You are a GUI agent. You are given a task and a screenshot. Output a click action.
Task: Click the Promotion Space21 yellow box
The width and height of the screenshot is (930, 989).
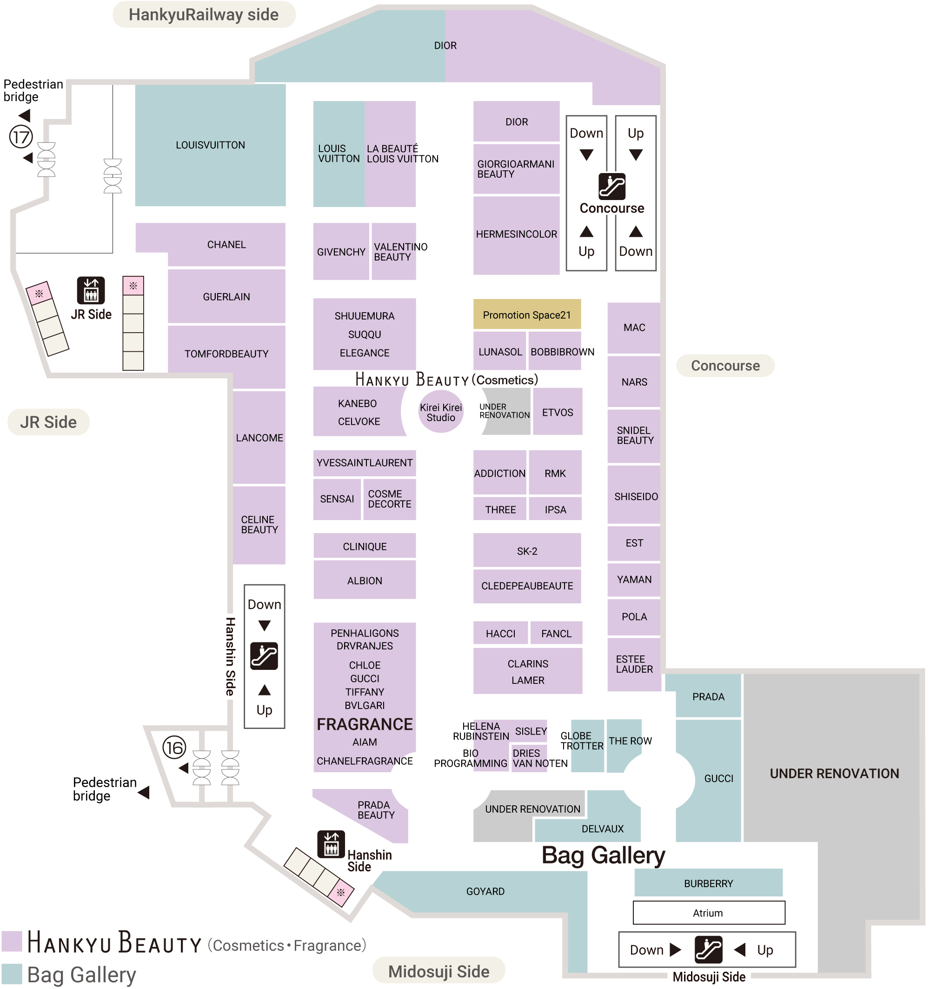[x=527, y=314]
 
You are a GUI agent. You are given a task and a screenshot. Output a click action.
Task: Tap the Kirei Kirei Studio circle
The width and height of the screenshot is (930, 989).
[x=441, y=412]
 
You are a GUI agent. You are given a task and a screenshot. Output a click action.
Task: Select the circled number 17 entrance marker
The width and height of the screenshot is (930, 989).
[x=21, y=137]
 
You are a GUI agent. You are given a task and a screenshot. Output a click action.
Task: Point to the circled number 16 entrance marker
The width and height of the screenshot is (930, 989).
[x=174, y=747]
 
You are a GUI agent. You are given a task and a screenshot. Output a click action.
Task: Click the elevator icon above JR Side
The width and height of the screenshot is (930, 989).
[x=91, y=290]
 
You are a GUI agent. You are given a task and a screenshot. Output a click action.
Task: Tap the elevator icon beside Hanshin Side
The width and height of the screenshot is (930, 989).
[x=331, y=844]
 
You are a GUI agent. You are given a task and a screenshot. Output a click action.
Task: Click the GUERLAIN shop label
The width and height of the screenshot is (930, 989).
[x=226, y=296]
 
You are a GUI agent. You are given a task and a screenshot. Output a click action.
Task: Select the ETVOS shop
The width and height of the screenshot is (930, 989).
[x=557, y=412]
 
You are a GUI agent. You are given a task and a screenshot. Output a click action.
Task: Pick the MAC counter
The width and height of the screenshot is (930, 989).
[x=634, y=327]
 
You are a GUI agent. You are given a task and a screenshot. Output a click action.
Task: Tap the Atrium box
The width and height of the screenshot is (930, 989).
[x=708, y=913]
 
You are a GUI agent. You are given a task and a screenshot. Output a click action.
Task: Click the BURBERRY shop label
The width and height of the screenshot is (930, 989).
[x=708, y=883]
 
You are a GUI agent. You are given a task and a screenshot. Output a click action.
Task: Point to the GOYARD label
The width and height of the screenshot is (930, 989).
[x=485, y=891]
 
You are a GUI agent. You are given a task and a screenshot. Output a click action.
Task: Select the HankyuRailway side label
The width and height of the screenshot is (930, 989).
[x=204, y=15]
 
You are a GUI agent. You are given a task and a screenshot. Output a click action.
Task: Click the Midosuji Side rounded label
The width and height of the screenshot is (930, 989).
[x=438, y=971]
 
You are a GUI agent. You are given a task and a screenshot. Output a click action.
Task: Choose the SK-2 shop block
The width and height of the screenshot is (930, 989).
[x=527, y=551]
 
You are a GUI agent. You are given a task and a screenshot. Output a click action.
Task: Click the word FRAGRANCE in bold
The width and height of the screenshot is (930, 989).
[x=365, y=724]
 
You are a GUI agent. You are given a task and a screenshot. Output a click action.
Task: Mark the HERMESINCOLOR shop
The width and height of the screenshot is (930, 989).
[x=516, y=234]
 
